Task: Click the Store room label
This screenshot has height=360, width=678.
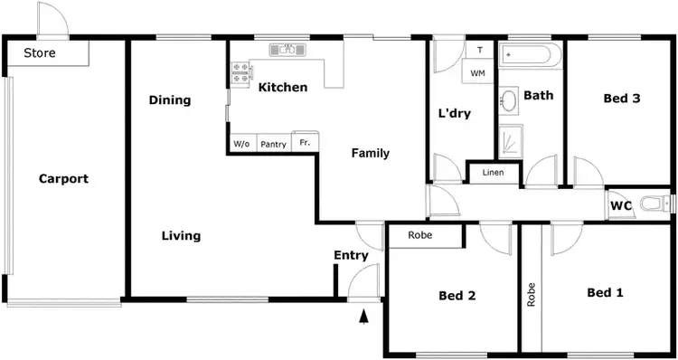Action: pos(40,53)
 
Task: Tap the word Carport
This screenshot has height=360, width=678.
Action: pos(63,179)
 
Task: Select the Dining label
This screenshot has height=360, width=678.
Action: pos(170,100)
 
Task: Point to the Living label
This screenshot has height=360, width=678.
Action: pos(181,236)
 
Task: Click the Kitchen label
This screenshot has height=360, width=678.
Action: pos(283,88)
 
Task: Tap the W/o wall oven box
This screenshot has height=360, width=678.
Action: pos(241,144)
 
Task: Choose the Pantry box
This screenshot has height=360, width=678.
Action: pos(273,144)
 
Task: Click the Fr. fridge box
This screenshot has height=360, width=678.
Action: pos(306,143)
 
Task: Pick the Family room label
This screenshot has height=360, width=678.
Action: pos(371,154)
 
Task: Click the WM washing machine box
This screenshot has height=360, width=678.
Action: pos(478,72)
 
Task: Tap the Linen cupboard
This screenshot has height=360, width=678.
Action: pos(493,172)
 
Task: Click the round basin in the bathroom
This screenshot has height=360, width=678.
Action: pos(509,99)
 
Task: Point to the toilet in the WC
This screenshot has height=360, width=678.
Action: pos(653,204)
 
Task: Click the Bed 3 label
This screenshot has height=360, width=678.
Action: pos(623,99)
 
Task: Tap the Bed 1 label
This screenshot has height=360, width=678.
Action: pos(605,292)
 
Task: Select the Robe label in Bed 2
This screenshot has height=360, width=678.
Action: pos(420,235)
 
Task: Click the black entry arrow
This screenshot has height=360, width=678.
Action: pos(364,317)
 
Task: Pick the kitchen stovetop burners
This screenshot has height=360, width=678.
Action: pos(240,72)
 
